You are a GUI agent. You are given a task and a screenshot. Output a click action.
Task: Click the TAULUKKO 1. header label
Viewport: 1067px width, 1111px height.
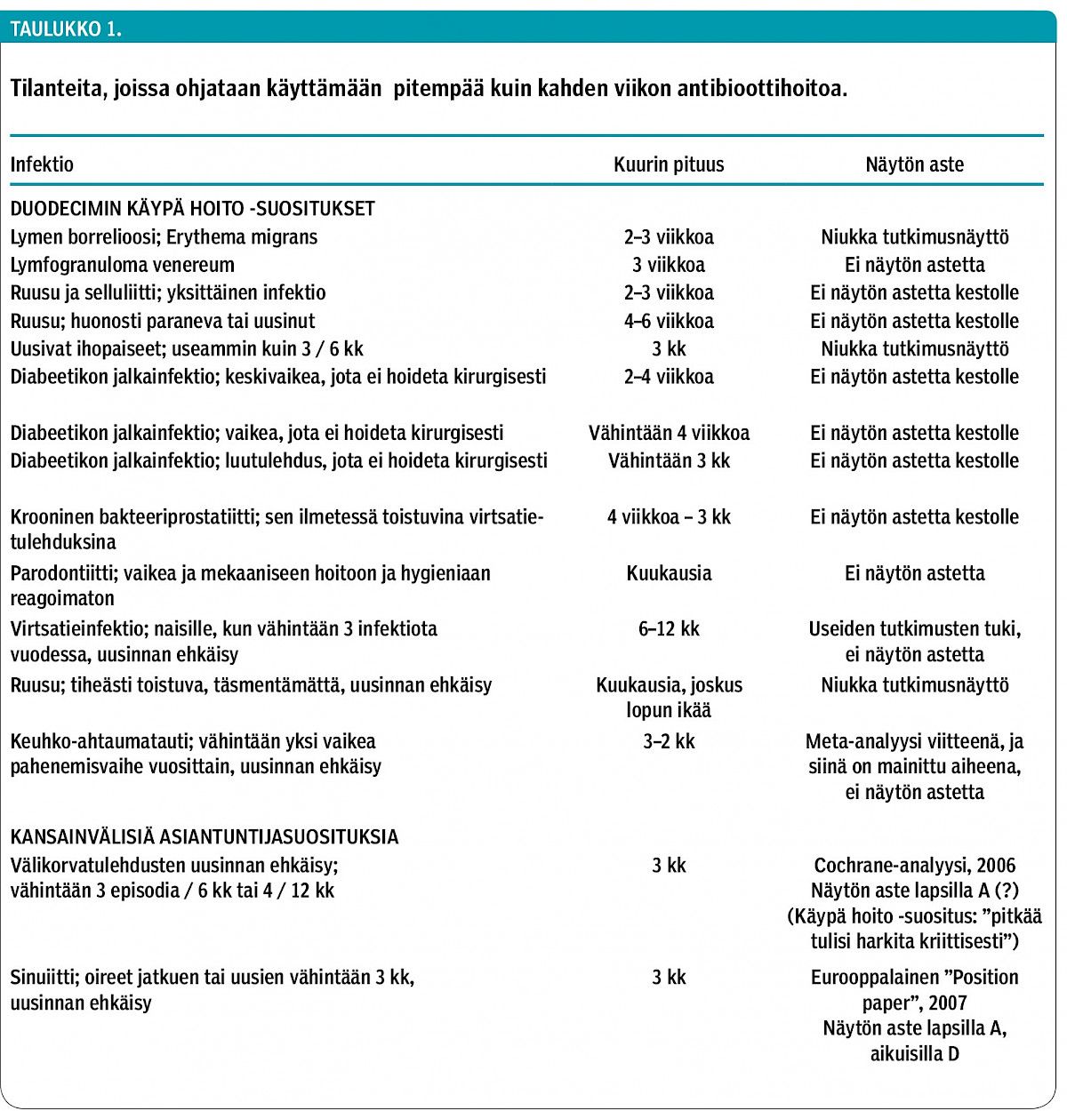[x=66, y=28]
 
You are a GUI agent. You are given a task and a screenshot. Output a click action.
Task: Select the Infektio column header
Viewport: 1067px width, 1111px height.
[x=42, y=164]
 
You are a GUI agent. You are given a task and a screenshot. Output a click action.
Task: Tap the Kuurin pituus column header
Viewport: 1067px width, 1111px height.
[x=669, y=164]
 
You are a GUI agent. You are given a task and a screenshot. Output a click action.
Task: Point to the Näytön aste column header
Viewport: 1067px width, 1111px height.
[x=914, y=164]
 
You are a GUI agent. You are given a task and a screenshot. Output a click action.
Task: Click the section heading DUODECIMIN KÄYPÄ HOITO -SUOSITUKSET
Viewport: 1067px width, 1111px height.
[x=192, y=209]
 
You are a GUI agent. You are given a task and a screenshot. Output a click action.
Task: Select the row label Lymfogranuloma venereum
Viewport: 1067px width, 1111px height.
[x=123, y=265]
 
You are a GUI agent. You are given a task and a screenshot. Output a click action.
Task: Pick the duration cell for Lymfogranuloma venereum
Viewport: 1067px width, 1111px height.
[x=669, y=265]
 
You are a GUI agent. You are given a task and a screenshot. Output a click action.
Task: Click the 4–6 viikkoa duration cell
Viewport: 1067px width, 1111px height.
[x=669, y=321]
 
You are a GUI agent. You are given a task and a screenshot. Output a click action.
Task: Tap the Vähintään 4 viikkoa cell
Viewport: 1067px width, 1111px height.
[x=669, y=433]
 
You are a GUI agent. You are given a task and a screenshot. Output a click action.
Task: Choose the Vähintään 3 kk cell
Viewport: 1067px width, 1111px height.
[x=669, y=460]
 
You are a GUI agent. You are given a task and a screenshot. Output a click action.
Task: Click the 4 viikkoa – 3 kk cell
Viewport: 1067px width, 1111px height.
[x=669, y=516]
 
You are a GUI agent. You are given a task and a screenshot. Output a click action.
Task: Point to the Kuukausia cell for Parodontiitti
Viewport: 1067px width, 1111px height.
[x=669, y=573]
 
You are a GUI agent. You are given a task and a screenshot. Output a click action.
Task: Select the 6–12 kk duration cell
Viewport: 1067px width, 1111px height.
[x=669, y=628]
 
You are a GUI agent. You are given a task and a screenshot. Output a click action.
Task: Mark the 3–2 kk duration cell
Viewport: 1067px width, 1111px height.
[x=669, y=741]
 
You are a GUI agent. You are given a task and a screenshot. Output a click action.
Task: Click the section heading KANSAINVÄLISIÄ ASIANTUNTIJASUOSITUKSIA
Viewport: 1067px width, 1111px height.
[x=204, y=837]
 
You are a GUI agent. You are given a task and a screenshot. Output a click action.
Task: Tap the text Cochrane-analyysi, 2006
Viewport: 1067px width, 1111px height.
[x=914, y=866]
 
